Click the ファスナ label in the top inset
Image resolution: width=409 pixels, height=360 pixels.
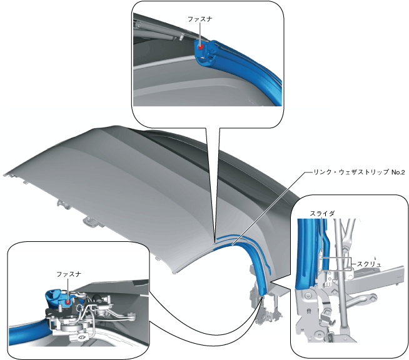pyautogui.click(x=200, y=19)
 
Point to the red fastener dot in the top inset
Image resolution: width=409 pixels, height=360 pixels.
pyautogui.click(x=200, y=46)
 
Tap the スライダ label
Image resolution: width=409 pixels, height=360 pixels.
pyautogui.click(x=322, y=214)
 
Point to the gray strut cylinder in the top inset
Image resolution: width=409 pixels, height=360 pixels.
pyautogui.click(x=156, y=28)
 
